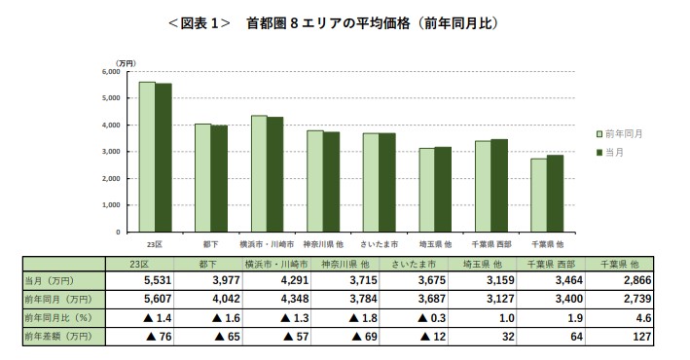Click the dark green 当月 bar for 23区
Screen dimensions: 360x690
[163, 158]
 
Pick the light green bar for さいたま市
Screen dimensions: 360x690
[370, 182]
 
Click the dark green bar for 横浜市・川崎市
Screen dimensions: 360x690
[275, 174]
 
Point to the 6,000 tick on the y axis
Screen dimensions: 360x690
[110, 71]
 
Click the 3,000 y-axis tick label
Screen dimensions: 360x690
[110, 152]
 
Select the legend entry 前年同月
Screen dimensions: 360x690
[623, 133]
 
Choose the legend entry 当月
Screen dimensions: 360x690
[616, 153]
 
